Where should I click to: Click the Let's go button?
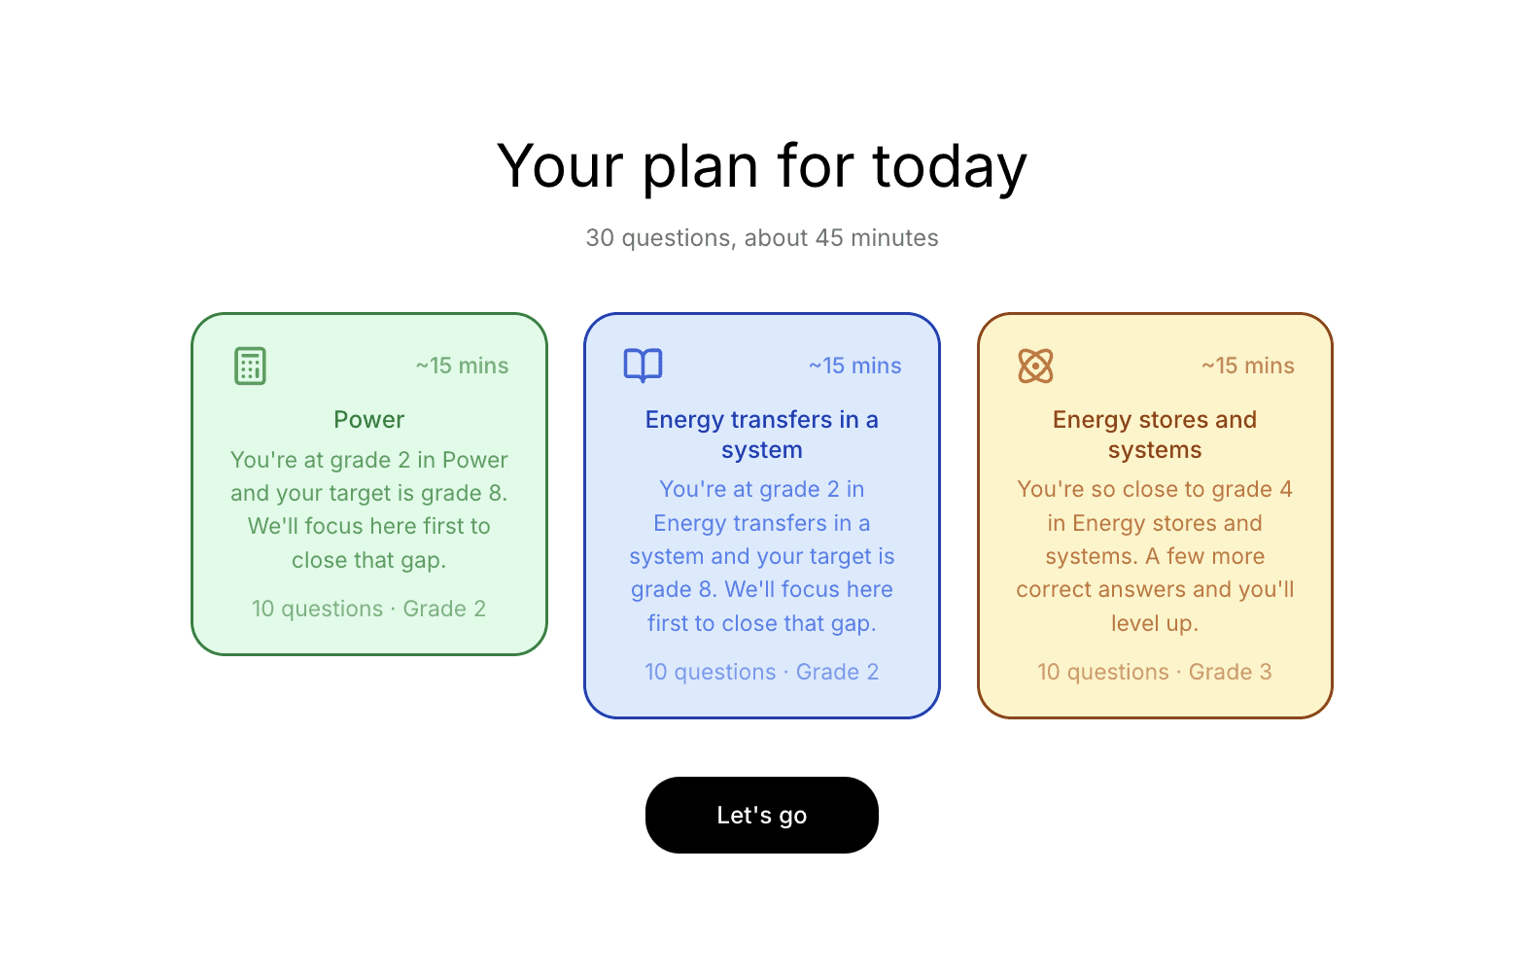[761, 815]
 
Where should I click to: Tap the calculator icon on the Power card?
[250, 366]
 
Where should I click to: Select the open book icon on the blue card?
[643, 366]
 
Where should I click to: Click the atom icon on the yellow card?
[1035, 366]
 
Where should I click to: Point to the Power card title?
[368, 419]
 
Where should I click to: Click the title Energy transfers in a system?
[761, 434]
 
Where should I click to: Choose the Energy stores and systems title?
[1154, 434]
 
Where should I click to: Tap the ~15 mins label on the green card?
[462, 366]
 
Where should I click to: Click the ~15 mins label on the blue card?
[854, 366]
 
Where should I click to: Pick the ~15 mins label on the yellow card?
[1247, 366]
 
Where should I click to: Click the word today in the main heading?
[949, 166]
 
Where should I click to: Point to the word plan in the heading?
[700, 166]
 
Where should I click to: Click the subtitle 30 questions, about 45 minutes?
[761, 238]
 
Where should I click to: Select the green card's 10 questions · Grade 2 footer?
[368, 609]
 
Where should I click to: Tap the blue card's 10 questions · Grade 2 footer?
[761, 672]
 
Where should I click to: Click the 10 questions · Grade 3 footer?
[1154, 672]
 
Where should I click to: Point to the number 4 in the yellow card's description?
[1286, 489]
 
